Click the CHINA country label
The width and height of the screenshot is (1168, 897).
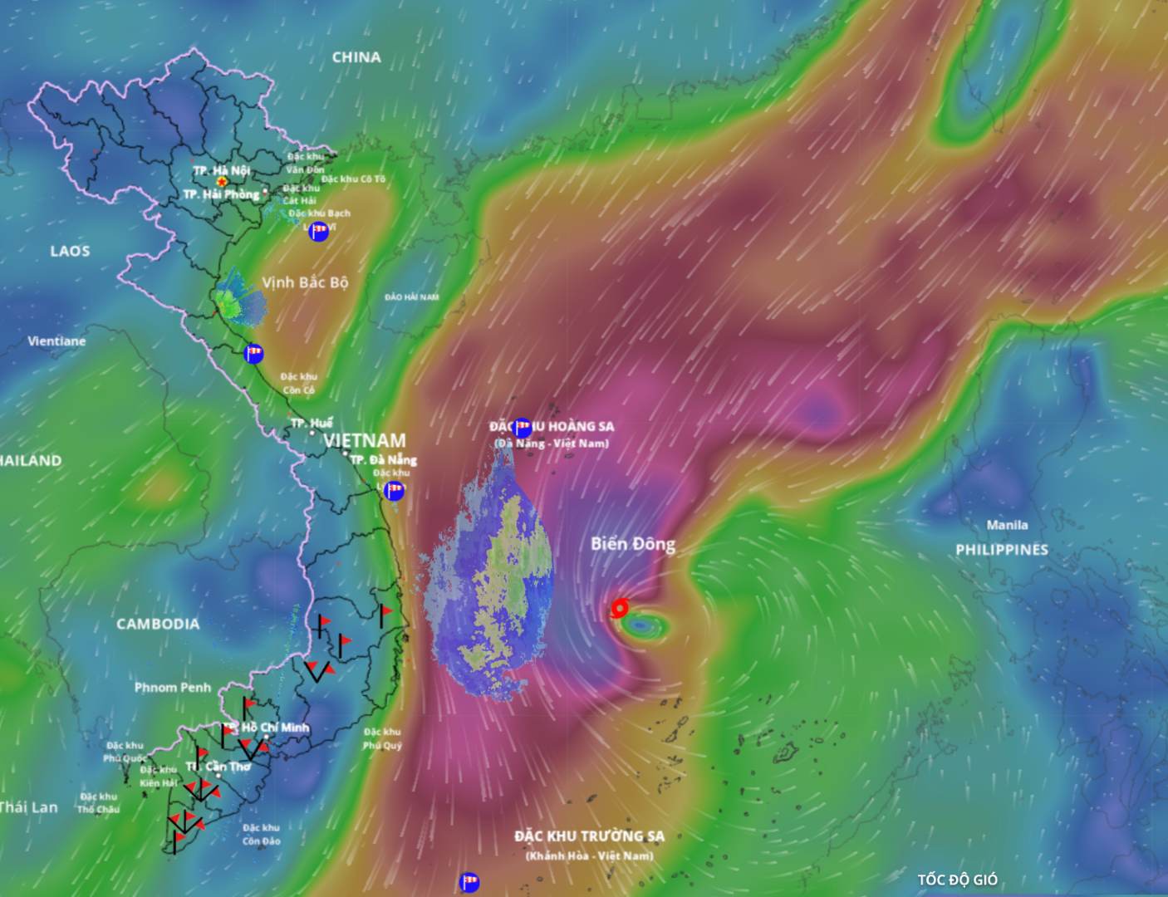356,57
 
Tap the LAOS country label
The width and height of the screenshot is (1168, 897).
70,251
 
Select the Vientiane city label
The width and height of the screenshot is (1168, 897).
56,341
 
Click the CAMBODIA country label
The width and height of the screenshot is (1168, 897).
158,624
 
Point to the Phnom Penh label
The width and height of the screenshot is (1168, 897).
173,688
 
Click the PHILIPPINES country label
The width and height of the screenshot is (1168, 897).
1001,550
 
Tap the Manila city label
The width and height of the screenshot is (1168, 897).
1007,525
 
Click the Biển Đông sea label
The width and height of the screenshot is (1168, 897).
633,544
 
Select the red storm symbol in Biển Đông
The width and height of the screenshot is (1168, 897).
619,609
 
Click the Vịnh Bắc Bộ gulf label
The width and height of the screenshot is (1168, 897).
305,282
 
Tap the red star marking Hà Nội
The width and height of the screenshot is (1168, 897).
222,181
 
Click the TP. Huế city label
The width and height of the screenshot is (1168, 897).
312,424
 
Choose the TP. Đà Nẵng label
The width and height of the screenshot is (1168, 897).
383,459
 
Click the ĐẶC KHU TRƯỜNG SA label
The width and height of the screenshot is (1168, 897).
589,836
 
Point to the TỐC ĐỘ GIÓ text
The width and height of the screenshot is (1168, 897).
957,880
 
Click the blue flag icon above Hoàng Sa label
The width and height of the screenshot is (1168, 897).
523,428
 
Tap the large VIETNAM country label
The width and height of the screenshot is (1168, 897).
365,440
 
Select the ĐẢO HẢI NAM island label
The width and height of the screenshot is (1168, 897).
412,297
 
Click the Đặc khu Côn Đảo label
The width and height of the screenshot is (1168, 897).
261,835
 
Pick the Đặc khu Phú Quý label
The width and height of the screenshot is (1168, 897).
382,738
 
